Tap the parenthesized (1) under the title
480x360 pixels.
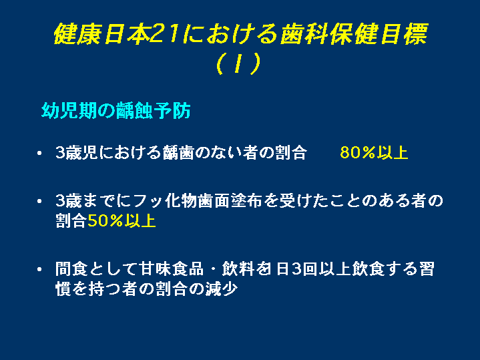pyautogui.click(x=238, y=63)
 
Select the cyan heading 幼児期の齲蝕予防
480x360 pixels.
pyautogui.click(x=116, y=110)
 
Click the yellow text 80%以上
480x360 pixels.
pyautogui.click(x=374, y=152)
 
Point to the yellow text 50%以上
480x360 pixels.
pyautogui.click(x=122, y=220)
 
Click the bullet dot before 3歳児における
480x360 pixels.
pyautogui.click(x=39, y=152)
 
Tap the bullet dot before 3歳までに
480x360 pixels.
pyautogui.click(x=39, y=201)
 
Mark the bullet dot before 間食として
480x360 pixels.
pyautogui.click(x=39, y=269)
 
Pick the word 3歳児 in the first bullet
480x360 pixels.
pyautogui.click(x=77, y=152)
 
